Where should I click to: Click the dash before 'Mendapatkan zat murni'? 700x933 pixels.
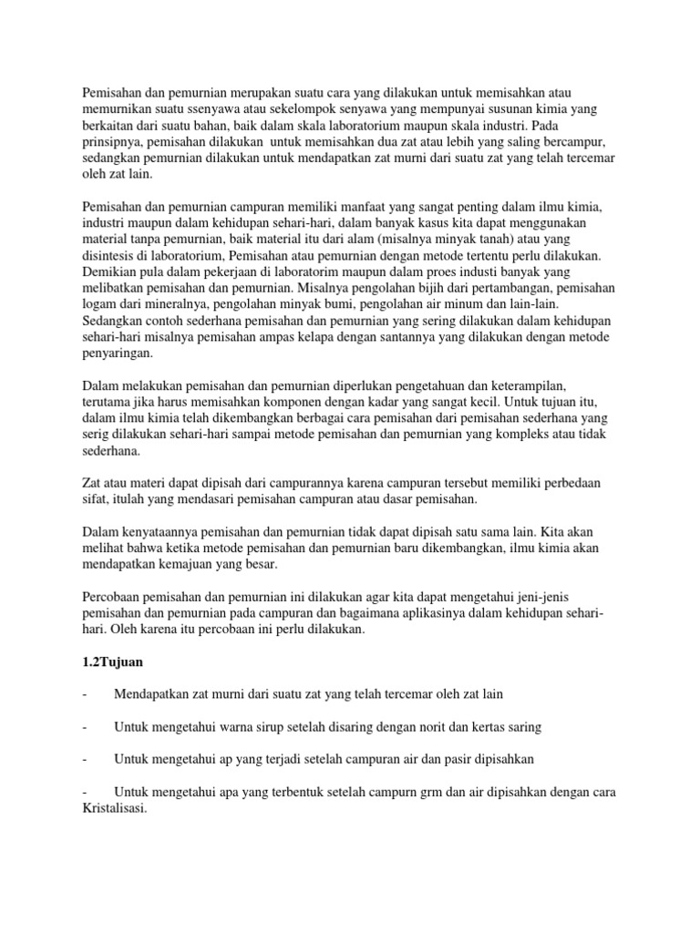(85, 694)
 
